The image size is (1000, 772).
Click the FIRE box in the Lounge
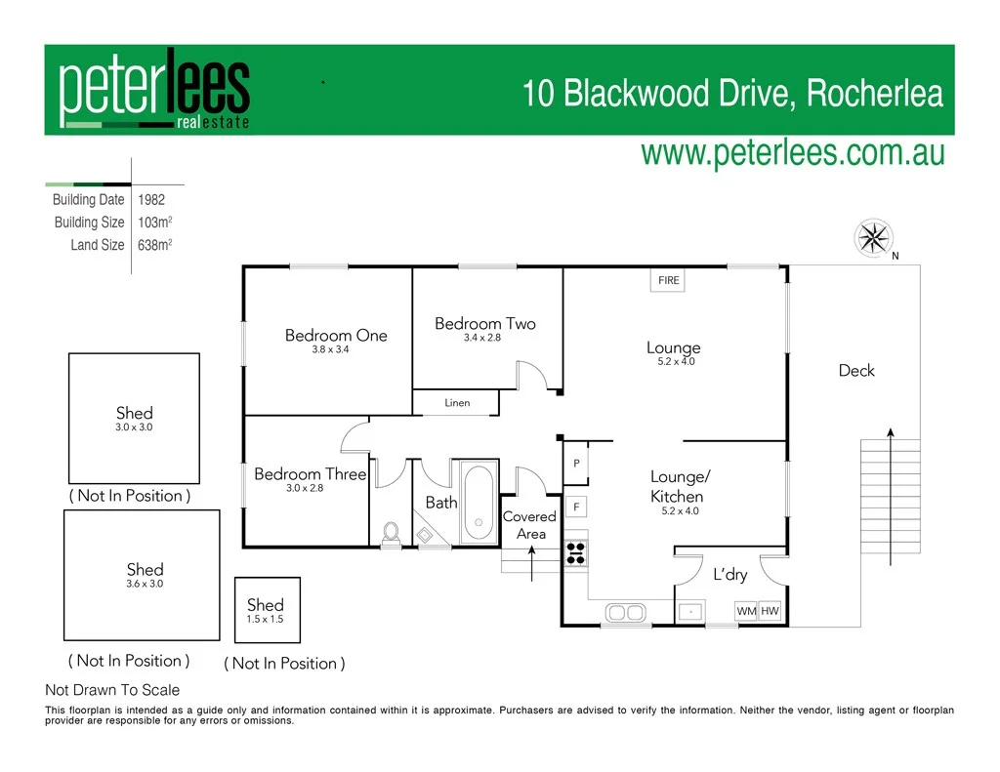pos(668,280)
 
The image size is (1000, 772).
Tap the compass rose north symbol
pos(874,237)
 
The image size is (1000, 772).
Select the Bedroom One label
pos(336,335)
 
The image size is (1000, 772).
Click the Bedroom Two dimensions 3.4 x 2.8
pos(481,338)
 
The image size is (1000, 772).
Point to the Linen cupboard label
pos(457,402)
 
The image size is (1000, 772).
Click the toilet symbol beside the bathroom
pos(391,532)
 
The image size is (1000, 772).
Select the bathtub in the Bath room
pos(478,501)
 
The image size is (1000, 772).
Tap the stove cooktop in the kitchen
pos(574,553)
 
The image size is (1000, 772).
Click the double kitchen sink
pos(624,612)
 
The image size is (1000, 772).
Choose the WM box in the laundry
pos(746,611)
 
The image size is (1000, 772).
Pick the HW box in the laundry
pos(770,611)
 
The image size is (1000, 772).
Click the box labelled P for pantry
pos(576,464)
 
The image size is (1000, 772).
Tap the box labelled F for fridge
pos(576,508)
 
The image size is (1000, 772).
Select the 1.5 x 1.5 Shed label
pos(265,611)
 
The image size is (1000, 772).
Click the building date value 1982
pos(151,199)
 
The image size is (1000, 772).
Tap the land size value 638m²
pos(155,245)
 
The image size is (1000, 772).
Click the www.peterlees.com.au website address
pos(792,154)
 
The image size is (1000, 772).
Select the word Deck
pos(856,371)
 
